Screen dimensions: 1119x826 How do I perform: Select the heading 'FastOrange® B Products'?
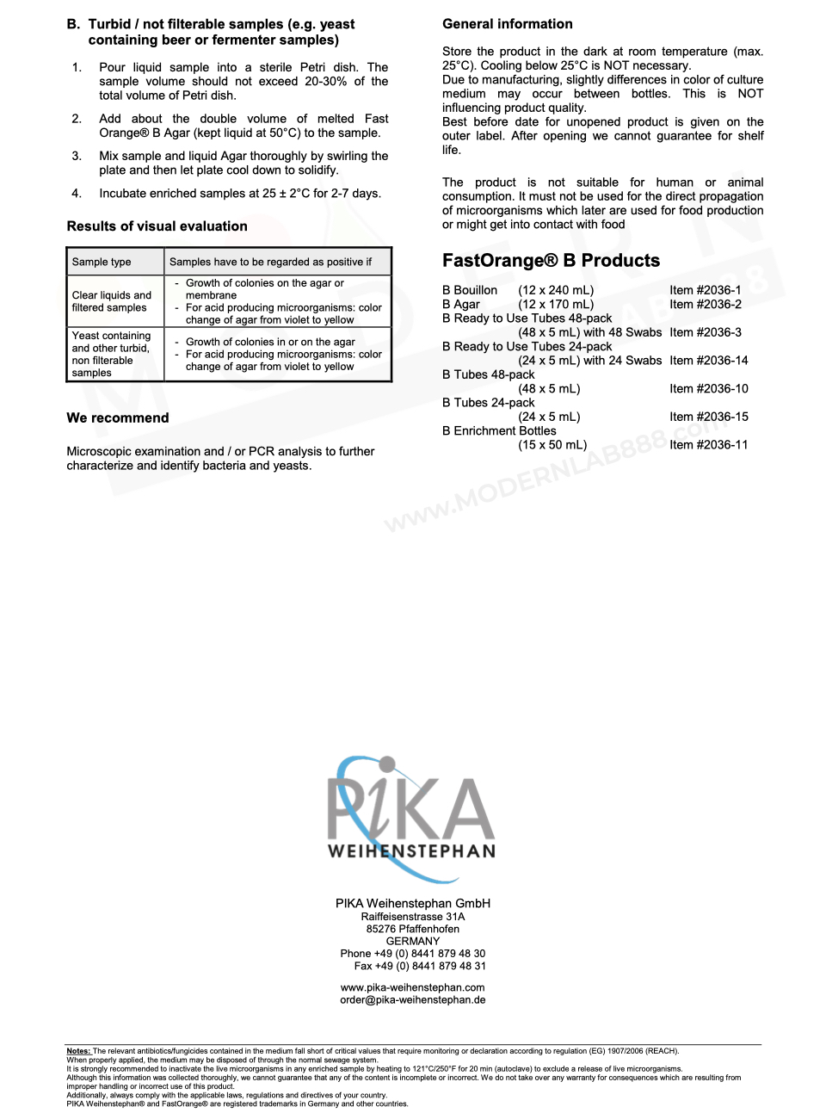[551, 261]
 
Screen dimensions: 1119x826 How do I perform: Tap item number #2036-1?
[705, 290]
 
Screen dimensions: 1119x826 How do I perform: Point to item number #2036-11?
[708, 445]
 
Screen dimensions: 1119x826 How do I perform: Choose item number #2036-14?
[708, 361]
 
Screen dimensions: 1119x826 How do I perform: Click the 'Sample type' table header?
[102, 262]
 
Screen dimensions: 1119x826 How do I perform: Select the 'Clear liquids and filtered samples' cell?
[112, 301]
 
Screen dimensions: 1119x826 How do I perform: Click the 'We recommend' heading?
[118, 418]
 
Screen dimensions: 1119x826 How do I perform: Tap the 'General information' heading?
[507, 24]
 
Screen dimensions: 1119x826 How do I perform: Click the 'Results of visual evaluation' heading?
[157, 226]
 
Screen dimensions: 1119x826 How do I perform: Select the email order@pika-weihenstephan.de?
[412, 1000]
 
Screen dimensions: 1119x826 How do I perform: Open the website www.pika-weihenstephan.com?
[412, 987]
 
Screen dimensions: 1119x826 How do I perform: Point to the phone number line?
[412, 954]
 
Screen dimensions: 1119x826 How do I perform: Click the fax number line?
[419, 966]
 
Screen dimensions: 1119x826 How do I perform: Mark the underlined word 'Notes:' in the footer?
[78, 1051]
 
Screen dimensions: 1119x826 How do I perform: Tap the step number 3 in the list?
[77, 156]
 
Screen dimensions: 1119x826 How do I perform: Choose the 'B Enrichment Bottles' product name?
[499, 431]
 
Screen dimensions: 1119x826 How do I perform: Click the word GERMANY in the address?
[412, 942]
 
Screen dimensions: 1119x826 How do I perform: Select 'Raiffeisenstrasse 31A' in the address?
[412, 917]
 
